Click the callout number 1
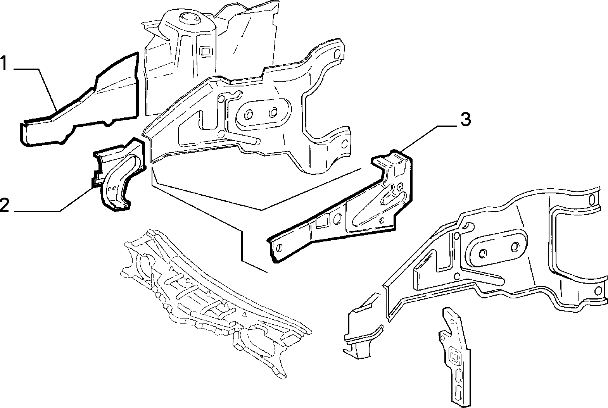pyautogui.click(x=3, y=63)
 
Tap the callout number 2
pyautogui.click(x=5, y=205)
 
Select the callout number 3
pyautogui.click(x=466, y=120)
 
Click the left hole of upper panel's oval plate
pyautogui.click(x=248, y=115)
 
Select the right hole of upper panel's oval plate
pyautogui.click(x=273, y=112)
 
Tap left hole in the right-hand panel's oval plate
pyautogui.click(x=483, y=253)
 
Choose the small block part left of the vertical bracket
pyautogui.click(x=363, y=327)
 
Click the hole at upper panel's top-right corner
pyautogui.click(x=337, y=55)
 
